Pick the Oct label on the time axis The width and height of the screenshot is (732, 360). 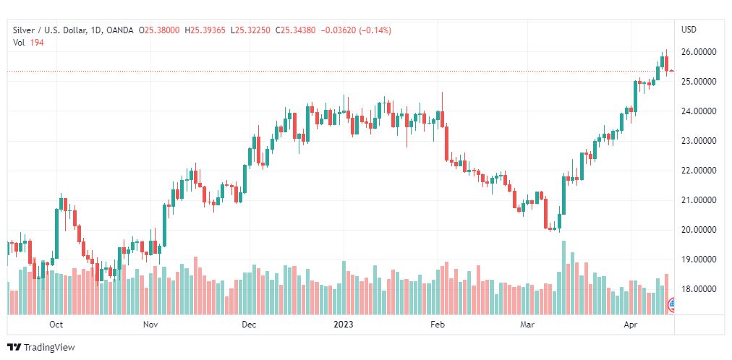pos(56,325)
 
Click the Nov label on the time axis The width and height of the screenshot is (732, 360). pos(150,325)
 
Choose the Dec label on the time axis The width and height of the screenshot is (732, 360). pos(249,325)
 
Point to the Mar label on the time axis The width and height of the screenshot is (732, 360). pos(529,325)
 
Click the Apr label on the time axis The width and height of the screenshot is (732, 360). pos(629,325)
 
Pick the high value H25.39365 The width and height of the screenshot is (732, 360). pos(205,30)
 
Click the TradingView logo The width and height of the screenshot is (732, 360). pos(41,348)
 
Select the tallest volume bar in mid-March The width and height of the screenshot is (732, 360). pos(563,278)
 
